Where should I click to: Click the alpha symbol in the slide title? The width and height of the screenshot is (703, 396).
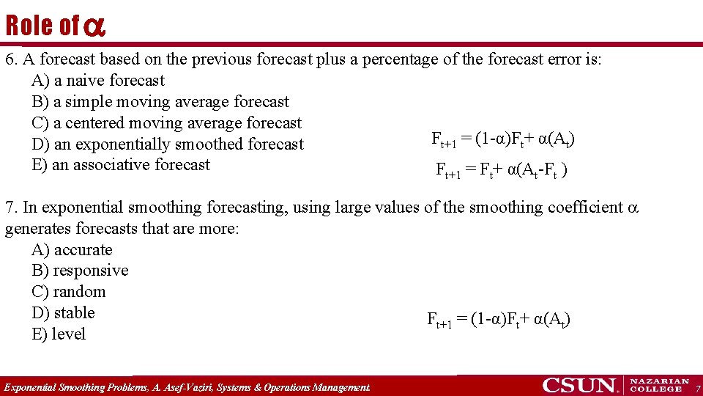94,27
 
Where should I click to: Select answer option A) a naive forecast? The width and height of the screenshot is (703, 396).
98,81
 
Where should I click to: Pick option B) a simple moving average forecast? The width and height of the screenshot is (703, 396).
160,102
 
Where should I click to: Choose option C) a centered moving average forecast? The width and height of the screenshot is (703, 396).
166,123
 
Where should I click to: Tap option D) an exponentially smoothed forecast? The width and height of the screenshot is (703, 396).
167,144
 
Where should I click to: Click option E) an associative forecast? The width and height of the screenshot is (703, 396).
121,165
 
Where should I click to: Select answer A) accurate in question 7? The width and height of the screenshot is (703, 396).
72,250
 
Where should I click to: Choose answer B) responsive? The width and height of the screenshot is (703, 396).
80,271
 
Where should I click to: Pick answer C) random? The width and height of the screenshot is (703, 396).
69,292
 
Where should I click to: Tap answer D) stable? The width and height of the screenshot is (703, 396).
64,313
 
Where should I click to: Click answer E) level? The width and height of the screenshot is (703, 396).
59,334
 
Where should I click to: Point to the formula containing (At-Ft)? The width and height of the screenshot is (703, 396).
502,171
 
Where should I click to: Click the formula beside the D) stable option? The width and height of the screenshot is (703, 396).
499,320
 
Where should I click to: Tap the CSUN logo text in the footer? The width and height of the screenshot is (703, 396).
580,385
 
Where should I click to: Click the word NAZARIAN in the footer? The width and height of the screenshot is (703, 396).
660,381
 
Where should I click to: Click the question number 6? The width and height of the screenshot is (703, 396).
10,59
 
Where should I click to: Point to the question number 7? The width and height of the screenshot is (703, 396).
10,208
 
